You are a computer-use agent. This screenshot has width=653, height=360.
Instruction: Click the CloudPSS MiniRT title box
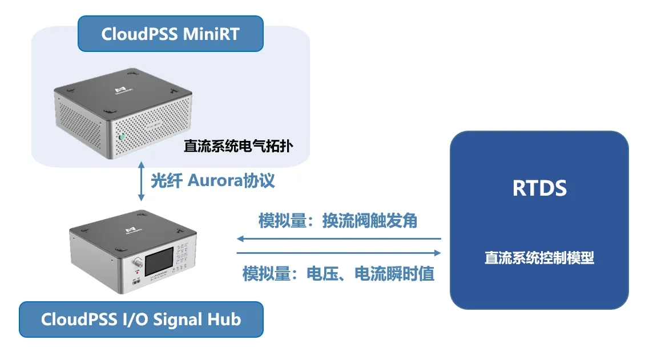tap(170, 34)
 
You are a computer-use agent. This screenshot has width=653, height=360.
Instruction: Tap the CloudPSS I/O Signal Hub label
tap(141, 319)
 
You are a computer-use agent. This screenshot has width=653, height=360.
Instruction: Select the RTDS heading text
tap(539, 188)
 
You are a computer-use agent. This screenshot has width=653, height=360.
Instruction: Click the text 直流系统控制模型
tap(539, 258)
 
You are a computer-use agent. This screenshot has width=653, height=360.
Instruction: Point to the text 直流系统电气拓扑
tap(239, 146)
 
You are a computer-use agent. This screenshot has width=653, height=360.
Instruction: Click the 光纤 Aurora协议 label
tap(213, 181)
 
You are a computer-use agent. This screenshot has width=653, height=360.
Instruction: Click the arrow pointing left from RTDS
tap(339, 238)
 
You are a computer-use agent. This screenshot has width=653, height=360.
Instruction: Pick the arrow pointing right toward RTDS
tap(339, 252)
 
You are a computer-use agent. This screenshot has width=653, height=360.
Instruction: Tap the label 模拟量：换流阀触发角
tap(338, 221)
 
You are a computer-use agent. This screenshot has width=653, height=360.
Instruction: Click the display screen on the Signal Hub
tap(160, 264)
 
